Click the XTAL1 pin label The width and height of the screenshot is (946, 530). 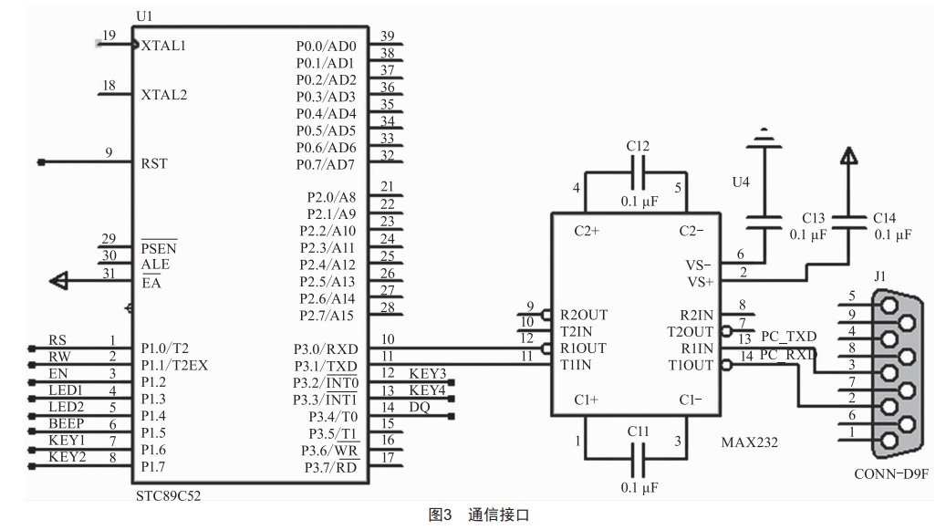164,46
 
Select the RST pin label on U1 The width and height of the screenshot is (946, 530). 154,164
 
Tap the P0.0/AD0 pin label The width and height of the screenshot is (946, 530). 326,46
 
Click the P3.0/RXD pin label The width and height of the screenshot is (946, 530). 326,348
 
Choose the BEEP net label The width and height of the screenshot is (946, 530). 66,424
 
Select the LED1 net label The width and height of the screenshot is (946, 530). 65,390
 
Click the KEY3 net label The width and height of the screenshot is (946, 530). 427,374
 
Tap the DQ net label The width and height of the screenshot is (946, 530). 419,408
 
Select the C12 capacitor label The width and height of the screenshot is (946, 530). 638,146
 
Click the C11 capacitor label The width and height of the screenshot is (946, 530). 638,429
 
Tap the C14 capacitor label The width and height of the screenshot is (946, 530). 885,218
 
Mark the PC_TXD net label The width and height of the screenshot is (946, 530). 788,338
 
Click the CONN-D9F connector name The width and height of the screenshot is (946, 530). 890,474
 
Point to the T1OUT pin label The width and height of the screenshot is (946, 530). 692,365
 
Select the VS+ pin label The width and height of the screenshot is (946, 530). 701,282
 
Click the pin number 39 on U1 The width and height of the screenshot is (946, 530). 387,36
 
